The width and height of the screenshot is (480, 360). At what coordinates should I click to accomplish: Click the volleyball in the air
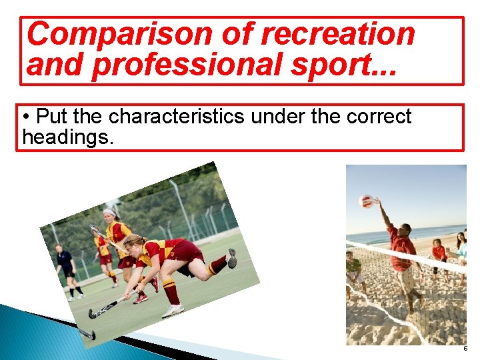pos(366,201)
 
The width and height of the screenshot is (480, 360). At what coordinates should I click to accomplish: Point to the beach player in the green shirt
pos(353,270)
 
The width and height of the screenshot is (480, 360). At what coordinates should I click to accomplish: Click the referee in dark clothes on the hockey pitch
pos(67,269)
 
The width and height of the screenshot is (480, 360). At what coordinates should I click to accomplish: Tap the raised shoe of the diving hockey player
pos(231,258)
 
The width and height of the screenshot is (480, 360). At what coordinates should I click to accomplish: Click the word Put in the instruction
pos(52,117)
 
